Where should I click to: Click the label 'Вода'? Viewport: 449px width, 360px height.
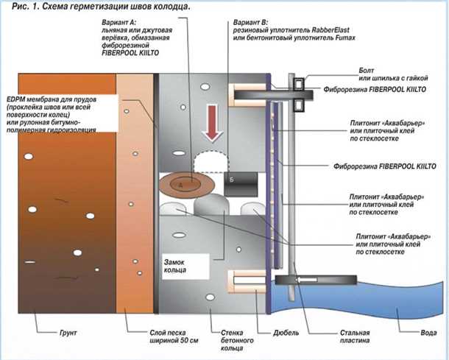tap(428, 333)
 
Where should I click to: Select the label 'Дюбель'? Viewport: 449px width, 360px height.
tap(271, 333)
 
